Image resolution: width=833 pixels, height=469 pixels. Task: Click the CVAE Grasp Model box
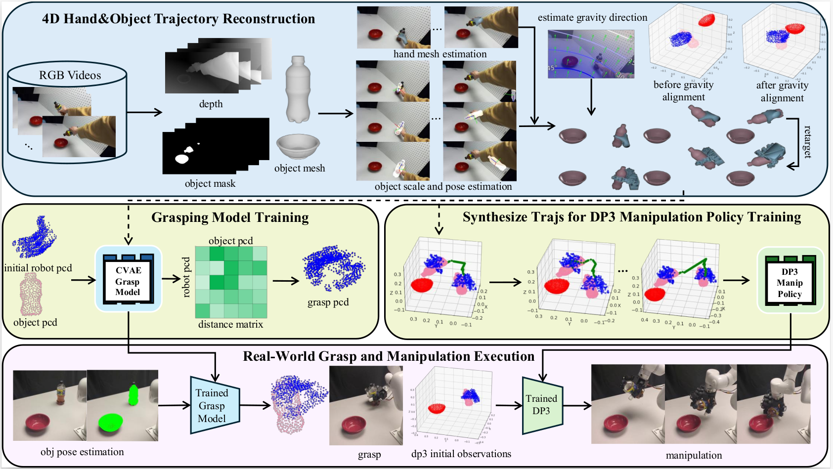pos(128,281)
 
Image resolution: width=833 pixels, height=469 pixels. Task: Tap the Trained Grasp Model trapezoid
pos(213,406)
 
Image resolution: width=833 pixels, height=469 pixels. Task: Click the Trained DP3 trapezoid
pos(542,405)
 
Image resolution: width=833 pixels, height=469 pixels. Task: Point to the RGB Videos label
pos(70,75)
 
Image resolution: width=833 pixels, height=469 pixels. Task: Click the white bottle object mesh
pos(297,89)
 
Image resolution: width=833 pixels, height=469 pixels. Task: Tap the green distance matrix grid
pos(231,282)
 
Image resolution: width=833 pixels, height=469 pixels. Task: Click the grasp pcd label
pos(328,302)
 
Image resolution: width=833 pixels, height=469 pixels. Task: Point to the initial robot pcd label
pos(38,268)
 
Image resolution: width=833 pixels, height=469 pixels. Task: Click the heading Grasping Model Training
pos(230,217)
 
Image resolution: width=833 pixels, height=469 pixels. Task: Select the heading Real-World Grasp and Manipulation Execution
pos(389,356)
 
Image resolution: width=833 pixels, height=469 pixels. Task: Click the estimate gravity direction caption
pos(592,18)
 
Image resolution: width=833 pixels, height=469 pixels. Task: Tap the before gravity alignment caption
pos(684,91)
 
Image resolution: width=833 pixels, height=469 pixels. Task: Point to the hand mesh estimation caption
pos(440,54)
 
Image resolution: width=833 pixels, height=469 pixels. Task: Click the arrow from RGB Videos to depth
pos(144,112)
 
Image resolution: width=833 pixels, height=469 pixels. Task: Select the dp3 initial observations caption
pos(461,454)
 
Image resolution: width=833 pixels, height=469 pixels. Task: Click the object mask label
pos(210,183)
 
